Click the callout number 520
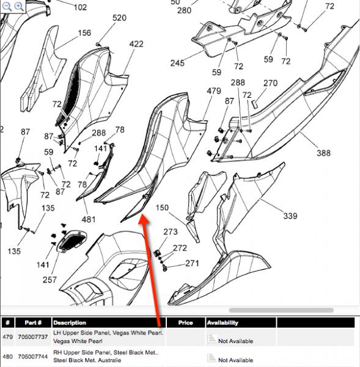(119, 18)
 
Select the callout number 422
(136, 44)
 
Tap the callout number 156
(84, 33)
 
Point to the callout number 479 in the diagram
(214, 91)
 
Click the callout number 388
(324, 153)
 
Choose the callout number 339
(290, 216)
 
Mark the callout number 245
(177, 63)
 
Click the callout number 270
(270, 83)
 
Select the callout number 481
(89, 220)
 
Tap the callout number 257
(50, 280)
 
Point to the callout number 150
(162, 207)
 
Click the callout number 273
(171, 232)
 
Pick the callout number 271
(192, 264)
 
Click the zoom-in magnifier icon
(19, 6)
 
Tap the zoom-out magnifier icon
(7, 6)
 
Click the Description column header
(70, 323)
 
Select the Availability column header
(222, 323)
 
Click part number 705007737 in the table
(33, 337)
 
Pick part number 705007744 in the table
(33, 357)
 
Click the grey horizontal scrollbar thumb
(281, 310)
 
